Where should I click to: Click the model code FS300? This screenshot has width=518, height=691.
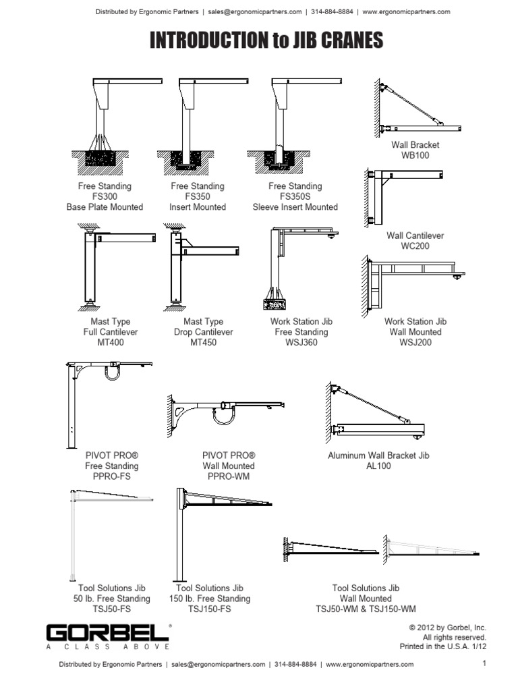(105, 196)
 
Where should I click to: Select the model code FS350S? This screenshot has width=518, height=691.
(295, 196)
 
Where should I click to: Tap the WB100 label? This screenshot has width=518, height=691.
(415, 155)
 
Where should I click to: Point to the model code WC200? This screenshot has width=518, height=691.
(415, 246)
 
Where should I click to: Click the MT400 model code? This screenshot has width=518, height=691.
(111, 342)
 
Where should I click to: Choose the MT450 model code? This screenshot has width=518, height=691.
(204, 342)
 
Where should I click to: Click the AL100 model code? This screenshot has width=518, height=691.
(378, 466)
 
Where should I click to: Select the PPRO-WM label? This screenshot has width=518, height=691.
(229, 476)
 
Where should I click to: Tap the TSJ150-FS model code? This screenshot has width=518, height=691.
(209, 609)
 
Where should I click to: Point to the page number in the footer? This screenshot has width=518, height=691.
(484, 664)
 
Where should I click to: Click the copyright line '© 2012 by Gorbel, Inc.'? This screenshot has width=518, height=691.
(447, 628)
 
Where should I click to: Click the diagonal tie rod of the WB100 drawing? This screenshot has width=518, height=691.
(411, 104)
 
